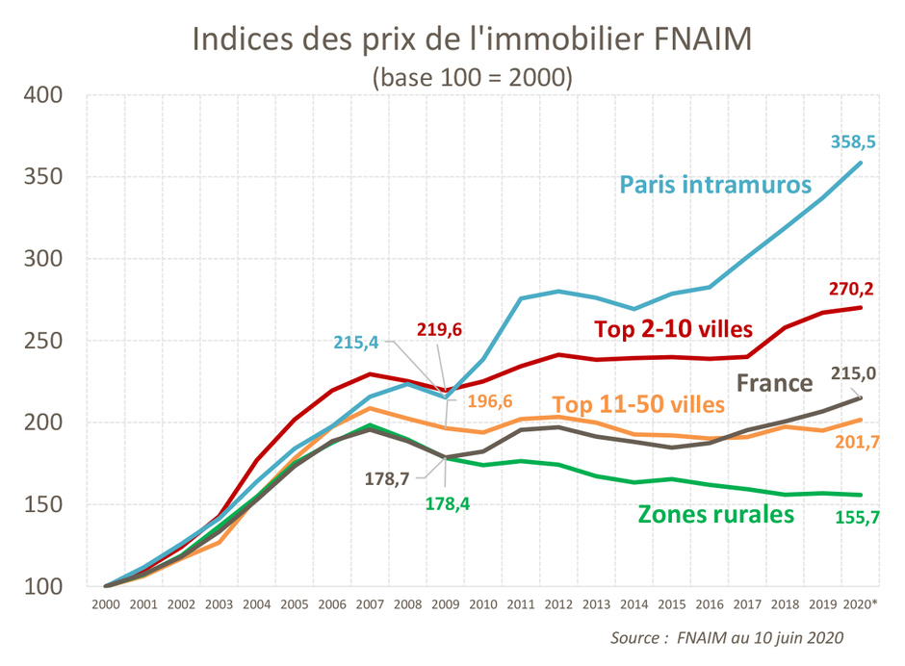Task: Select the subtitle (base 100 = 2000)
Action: pyautogui.click(x=472, y=77)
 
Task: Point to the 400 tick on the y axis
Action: pyautogui.click(x=42, y=95)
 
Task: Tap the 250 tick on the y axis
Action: pyautogui.click(x=42, y=341)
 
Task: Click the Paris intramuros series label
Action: pyautogui.click(x=714, y=184)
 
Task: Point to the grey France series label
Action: pyautogui.click(x=774, y=383)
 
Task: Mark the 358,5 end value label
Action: pyautogui.click(x=853, y=141)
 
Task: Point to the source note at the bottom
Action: pyautogui.click(x=728, y=638)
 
